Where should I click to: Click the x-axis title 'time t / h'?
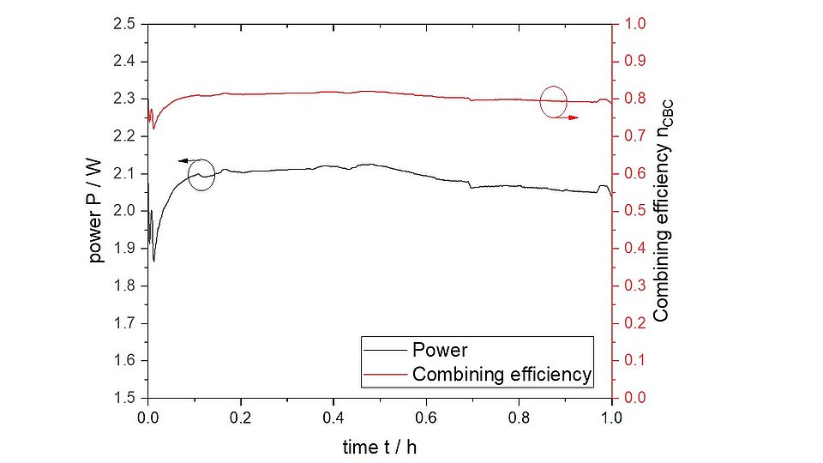[380, 446]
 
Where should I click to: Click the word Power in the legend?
[440, 351]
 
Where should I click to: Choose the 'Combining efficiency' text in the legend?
[502, 375]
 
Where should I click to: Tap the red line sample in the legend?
[384, 375]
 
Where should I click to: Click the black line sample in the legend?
[384, 351]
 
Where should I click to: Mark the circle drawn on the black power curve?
[201, 175]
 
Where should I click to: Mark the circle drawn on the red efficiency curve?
[554, 101]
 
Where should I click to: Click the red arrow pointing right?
[567, 117]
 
